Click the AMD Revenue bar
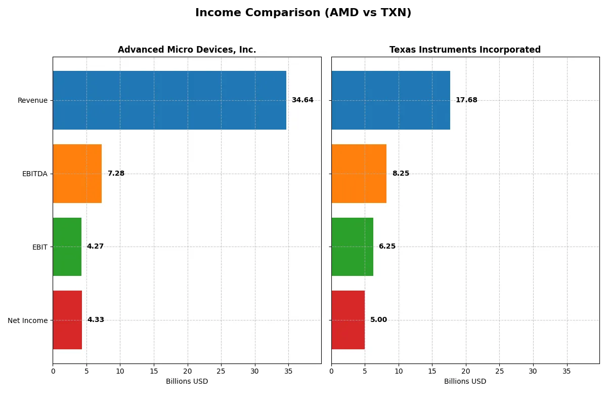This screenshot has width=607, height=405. [169, 100]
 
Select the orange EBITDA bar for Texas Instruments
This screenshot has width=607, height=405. [359, 174]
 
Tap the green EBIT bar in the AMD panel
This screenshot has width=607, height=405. [67, 247]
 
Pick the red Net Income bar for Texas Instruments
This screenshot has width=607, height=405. [348, 320]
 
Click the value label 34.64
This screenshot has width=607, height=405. [302, 100]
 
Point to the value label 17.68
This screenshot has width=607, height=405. [466, 100]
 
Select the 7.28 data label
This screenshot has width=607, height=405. [116, 174]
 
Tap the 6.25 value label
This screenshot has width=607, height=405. [387, 247]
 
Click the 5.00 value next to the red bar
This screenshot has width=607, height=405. [378, 320]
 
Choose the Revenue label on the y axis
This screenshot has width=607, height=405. [32, 100]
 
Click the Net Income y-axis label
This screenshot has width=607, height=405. [28, 320]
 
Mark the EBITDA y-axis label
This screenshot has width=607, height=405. [35, 174]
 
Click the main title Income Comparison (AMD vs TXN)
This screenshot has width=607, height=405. [303, 13]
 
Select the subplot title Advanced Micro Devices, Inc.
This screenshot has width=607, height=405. [187, 50]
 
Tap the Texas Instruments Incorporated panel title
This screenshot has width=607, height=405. [465, 50]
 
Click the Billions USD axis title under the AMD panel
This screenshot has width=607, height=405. [187, 381]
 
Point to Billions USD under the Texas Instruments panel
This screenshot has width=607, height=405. [465, 381]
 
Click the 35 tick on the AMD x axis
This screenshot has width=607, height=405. [288, 371]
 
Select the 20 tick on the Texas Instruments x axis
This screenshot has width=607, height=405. [466, 371]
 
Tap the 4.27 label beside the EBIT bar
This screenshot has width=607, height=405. [95, 247]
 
